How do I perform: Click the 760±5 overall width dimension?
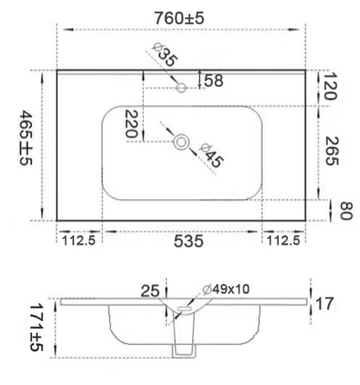(x=179, y=18)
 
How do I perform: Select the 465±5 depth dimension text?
(x=26, y=138)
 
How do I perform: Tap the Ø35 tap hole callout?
(x=164, y=55)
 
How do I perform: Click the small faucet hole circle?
(x=182, y=87)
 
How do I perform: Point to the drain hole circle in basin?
(x=182, y=142)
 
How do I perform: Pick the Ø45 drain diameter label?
(x=212, y=155)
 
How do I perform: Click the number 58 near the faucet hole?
(x=214, y=80)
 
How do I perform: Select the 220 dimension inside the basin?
(x=131, y=124)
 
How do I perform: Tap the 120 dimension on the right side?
(x=330, y=86)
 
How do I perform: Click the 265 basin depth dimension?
(x=331, y=151)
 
